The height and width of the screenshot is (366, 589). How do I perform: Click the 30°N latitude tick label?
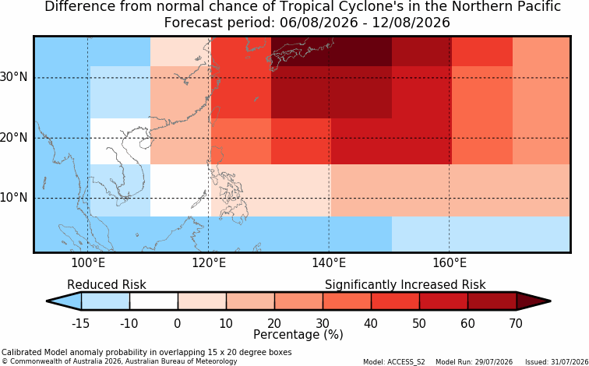pos(13,77)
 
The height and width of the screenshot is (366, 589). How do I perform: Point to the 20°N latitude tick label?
pos(13,138)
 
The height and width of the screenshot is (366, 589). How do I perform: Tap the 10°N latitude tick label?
pos(13,198)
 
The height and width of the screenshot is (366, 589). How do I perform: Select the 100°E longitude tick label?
pos(88,262)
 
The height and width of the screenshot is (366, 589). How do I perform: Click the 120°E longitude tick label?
pos(209,262)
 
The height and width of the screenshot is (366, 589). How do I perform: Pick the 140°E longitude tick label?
pos(329,262)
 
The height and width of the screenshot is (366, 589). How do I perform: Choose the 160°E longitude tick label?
pos(450,262)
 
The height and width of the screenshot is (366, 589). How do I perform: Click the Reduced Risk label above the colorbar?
pos(107,284)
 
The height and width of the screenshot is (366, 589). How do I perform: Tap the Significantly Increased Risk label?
pos(405,285)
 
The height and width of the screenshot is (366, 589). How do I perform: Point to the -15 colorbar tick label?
pos(80,323)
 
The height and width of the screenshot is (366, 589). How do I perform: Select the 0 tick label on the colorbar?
pos(178,323)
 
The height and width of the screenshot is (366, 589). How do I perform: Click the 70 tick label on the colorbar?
pos(516,323)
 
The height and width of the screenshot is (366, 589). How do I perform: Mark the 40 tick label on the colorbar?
pos(371,323)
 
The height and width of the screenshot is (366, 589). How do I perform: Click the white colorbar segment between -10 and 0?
pos(153,301)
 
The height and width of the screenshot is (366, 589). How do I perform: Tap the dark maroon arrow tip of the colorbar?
pos(534,301)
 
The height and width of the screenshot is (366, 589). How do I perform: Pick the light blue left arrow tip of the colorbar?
pos(65,301)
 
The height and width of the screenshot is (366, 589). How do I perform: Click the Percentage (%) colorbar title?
pos(298,335)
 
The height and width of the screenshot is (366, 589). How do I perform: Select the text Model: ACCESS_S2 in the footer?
pos(394,362)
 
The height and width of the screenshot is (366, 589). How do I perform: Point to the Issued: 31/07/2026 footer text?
pos(557,362)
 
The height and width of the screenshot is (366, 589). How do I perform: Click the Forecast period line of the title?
pos(307,23)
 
